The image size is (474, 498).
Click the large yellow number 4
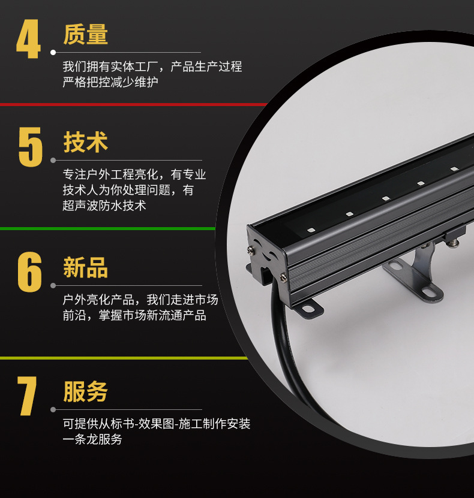(x=28, y=40)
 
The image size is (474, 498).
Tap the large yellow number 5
(x=31, y=147)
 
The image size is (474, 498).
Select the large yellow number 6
(x=30, y=272)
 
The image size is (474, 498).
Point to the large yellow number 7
(x=28, y=396)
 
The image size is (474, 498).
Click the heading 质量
(x=86, y=35)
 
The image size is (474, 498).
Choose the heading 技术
(x=86, y=143)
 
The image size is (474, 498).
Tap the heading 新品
(x=86, y=267)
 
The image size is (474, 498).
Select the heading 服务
(x=86, y=392)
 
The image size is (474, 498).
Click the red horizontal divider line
(x=132, y=104)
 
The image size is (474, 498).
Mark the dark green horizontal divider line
(x=108, y=228)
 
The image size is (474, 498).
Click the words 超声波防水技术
(x=104, y=206)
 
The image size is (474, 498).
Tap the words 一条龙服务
(x=92, y=439)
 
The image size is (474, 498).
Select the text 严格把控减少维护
(x=110, y=82)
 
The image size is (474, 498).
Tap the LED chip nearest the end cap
(x=311, y=230)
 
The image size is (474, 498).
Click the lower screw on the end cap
(x=283, y=276)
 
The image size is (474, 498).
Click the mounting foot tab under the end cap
(x=310, y=308)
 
